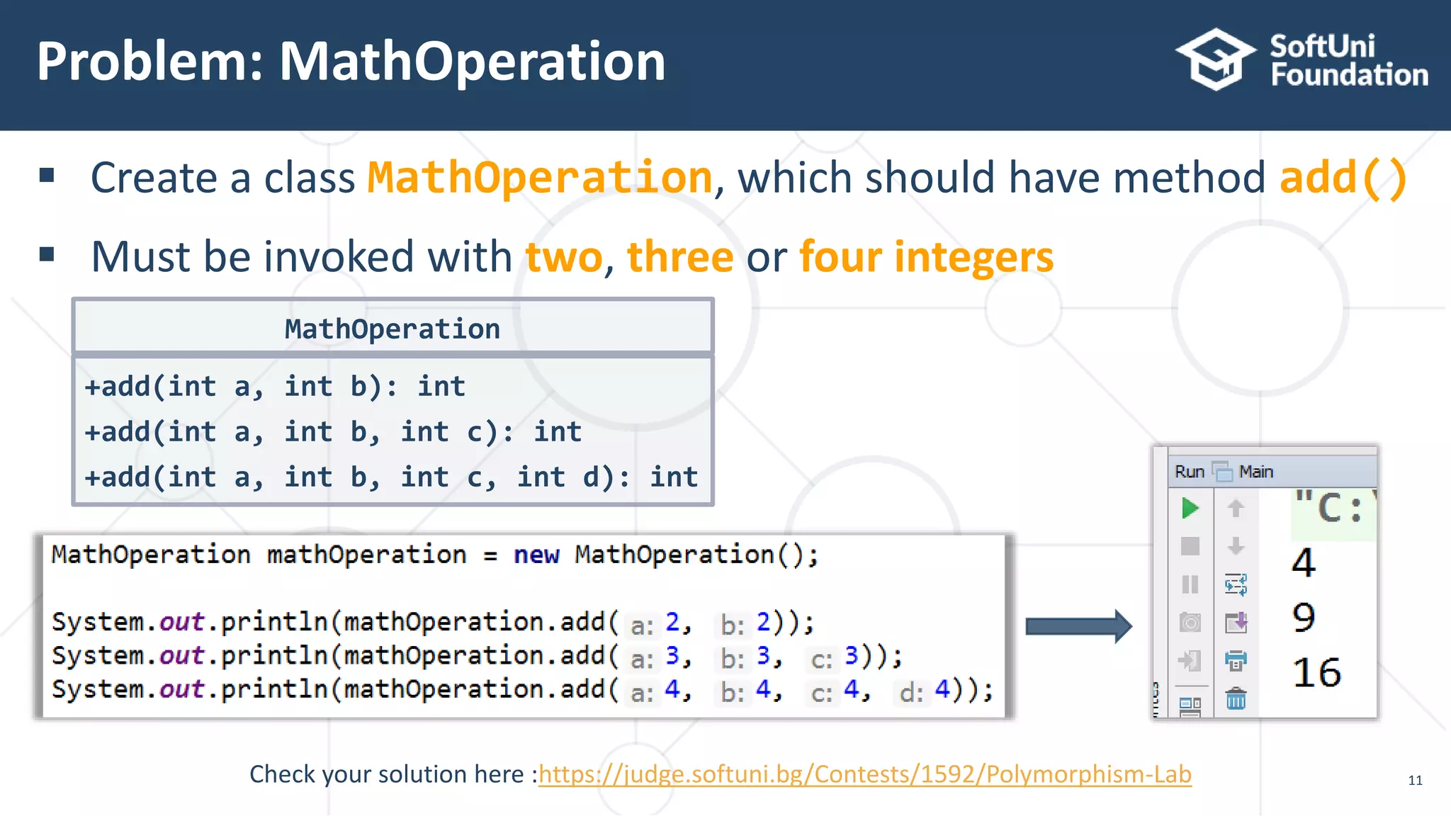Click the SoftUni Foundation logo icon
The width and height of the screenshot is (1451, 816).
[1215, 59]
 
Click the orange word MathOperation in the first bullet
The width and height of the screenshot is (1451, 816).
[539, 177]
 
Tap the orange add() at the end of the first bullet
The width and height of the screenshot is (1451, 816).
[1343, 177]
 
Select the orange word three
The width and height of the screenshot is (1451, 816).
[679, 256]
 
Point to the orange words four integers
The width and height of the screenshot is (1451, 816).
[926, 256]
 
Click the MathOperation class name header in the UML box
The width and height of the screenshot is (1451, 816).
[393, 329]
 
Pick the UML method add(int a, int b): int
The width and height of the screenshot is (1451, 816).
[275, 387]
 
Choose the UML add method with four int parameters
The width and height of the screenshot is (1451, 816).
[391, 477]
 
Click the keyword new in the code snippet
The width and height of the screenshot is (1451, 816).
[536, 555]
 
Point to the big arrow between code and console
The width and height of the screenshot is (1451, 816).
[1078, 626]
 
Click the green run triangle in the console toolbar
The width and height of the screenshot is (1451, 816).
[1190, 508]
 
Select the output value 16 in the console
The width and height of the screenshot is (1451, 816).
[1316, 672]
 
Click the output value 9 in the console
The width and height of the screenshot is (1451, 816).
[1304, 618]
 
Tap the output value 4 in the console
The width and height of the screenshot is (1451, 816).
[1304, 563]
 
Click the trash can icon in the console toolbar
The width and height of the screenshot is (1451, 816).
[1236, 699]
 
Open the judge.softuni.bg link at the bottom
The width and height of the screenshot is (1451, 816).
[864, 774]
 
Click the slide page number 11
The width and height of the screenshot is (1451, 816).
[1415, 781]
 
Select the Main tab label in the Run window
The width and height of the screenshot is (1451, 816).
[1255, 472]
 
